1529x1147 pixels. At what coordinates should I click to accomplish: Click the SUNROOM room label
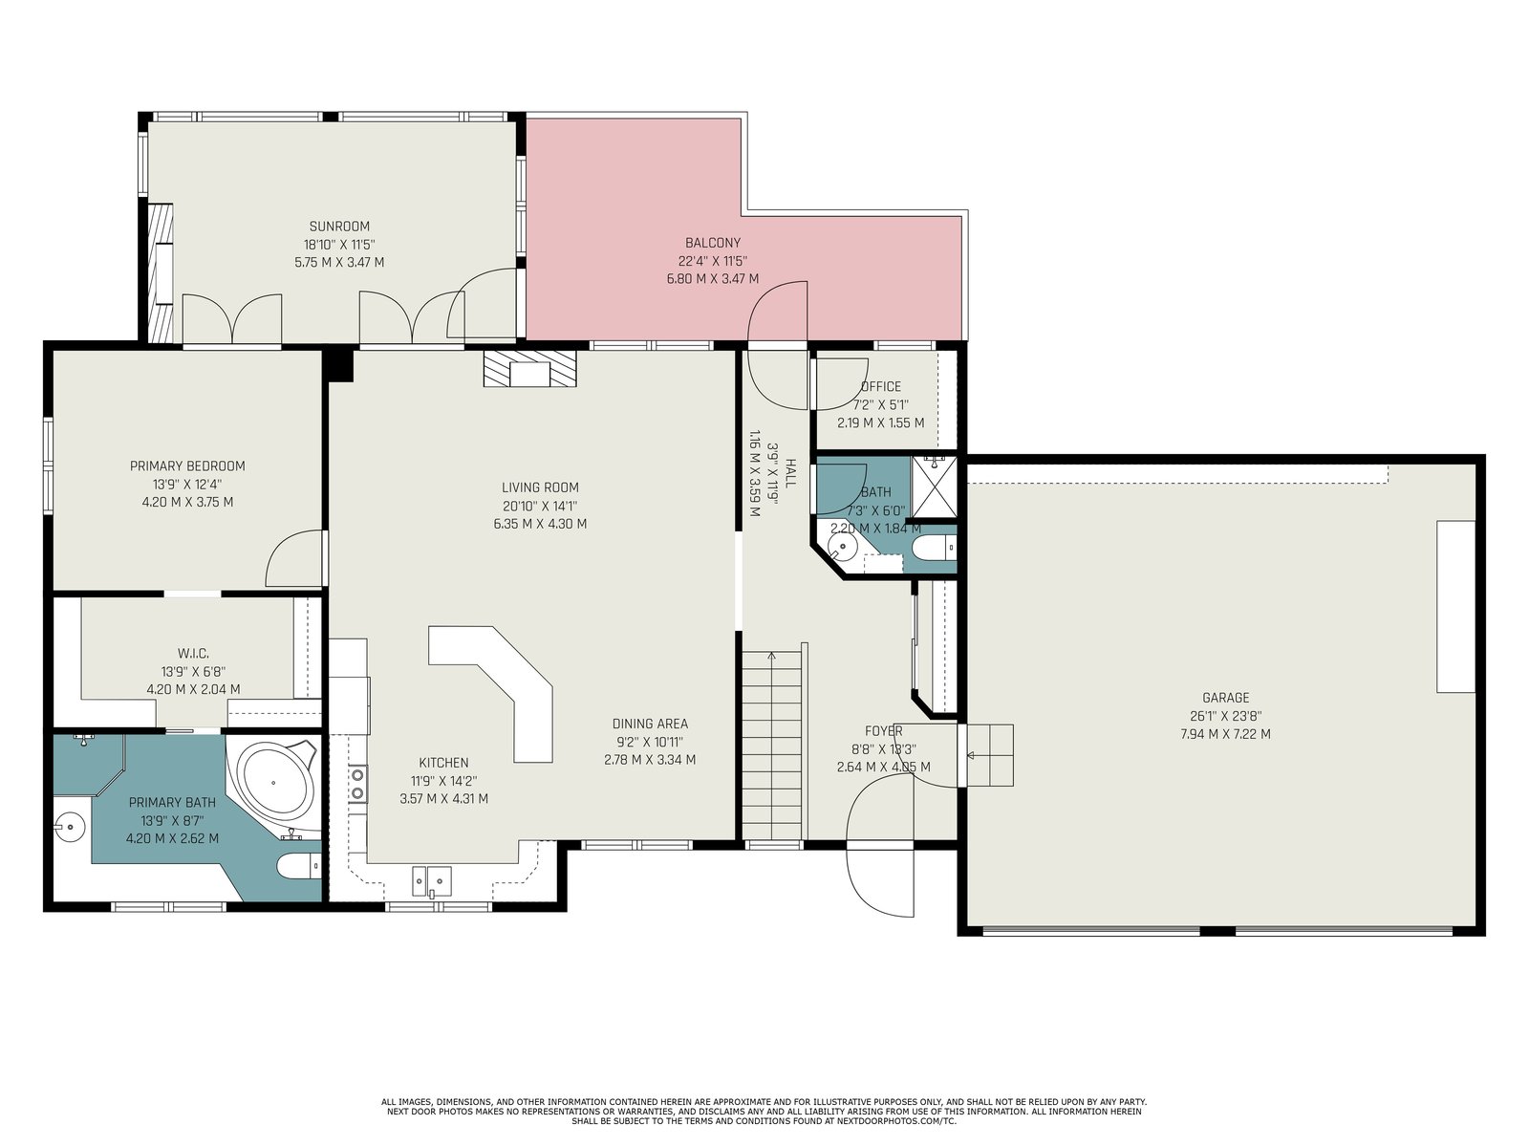tap(339, 227)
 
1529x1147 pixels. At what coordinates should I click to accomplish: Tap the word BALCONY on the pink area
tap(713, 243)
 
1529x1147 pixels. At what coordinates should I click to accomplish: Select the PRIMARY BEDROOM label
tap(187, 465)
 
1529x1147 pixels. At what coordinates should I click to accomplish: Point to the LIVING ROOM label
tap(540, 487)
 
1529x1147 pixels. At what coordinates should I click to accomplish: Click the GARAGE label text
tap(1225, 698)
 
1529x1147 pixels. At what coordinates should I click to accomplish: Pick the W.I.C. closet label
tap(193, 653)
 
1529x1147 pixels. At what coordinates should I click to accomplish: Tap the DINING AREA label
tap(650, 725)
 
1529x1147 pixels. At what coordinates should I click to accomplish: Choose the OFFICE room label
tap(880, 386)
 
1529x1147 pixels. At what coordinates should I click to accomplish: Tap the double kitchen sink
tap(432, 881)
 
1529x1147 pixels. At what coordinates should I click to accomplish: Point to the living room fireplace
tap(530, 368)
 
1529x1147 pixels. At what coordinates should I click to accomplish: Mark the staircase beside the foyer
tap(771, 746)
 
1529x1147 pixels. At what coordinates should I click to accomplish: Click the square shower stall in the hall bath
tap(934, 487)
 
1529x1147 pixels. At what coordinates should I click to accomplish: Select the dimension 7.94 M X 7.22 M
tap(1225, 734)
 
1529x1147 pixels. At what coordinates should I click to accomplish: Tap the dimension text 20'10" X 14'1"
tap(540, 507)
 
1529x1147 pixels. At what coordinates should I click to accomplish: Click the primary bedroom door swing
tap(295, 558)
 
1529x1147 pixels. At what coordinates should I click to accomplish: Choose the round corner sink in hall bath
tap(840, 547)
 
